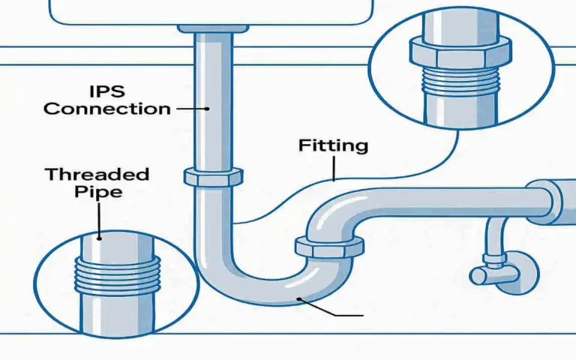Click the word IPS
point(108,90)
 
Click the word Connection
point(106,108)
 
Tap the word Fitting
point(333,145)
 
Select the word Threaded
point(97,175)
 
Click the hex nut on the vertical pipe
point(212,177)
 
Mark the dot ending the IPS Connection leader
point(206,109)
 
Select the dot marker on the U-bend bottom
point(299,299)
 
